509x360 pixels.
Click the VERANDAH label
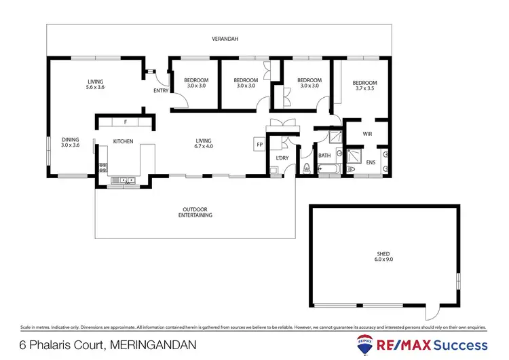tap(219, 39)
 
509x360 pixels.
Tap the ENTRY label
tap(162, 91)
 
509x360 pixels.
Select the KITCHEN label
tap(123, 141)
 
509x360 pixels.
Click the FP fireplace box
tap(259, 144)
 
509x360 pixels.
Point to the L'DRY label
tap(282, 158)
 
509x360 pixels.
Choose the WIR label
tap(367, 134)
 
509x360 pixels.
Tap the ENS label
tap(370, 162)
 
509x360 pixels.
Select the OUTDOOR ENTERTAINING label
tap(195, 212)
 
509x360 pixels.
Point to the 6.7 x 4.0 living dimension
tap(204, 145)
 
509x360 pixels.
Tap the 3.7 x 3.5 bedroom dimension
tap(365, 88)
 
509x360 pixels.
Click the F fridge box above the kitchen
tap(125, 122)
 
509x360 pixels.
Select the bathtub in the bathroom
tap(330, 169)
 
